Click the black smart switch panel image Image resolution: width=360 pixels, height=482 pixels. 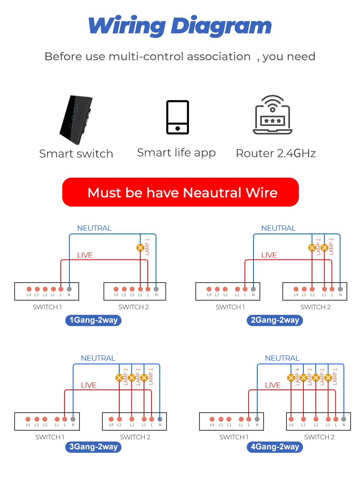pyautogui.click(x=76, y=120)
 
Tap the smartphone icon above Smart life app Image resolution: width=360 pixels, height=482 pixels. pyautogui.click(x=177, y=117)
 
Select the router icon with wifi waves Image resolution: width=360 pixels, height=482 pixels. pyautogui.click(x=273, y=115)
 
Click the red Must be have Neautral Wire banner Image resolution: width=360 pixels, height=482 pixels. pyautogui.click(x=180, y=192)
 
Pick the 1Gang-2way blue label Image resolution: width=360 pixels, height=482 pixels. pyautogui.click(x=93, y=320)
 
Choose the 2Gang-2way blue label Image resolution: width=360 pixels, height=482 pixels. pyautogui.click(x=275, y=320)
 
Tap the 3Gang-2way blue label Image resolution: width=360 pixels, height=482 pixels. pyautogui.click(x=93, y=447)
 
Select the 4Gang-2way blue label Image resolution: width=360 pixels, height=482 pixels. pyautogui.click(x=275, y=447)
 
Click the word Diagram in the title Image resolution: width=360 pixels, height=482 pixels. pyautogui.click(x=221, y=26)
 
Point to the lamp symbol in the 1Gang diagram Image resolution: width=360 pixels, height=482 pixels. pyautogui.click(x=140, y=247)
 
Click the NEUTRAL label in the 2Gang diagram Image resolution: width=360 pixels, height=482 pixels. pyautogui.click(x=278, y=228)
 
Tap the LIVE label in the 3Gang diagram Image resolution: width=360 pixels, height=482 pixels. pyautogui.click(x=88, y=385)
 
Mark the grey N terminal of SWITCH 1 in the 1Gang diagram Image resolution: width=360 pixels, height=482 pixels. pyautogui.click(x=69, y=289)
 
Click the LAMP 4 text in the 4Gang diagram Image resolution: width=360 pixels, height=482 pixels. pyautogui.click(x=297, y=377)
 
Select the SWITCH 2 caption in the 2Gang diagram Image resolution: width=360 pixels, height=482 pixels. pyautogui.click(x=315, y=307)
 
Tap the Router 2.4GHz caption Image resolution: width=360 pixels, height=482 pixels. pyautogui.click(x=276, y=153)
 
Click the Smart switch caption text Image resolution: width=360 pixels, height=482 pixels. pyautogui.click(x=76, y=154)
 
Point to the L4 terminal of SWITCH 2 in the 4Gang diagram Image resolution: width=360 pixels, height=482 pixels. pyautogui.click(x=291, y=419)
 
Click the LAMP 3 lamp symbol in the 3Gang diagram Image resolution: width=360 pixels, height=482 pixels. pyautogui.click(x=119, y=377)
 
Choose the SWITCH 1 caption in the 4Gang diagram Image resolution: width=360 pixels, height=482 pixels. pyautogui.click(x=234, y=437)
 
